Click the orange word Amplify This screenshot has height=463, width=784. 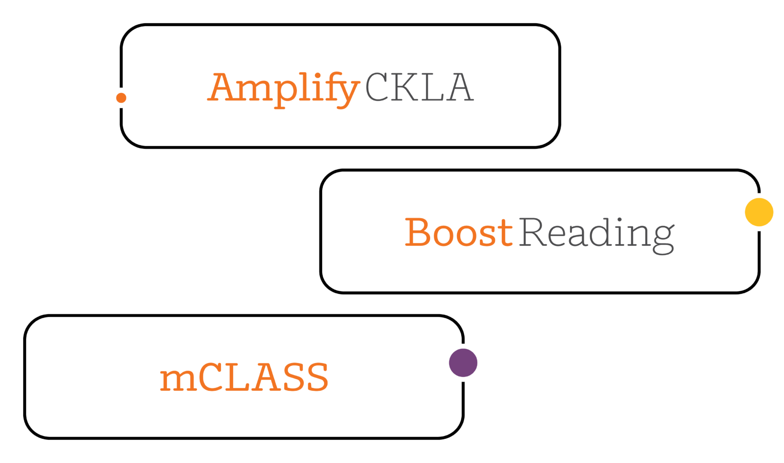(x=283, y=88)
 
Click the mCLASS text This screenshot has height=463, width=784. (x=244, y=377)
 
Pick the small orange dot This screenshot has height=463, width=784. (x=121, y=98)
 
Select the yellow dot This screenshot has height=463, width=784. (x=759, y=212)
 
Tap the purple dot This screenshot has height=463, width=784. (x=463, y=363)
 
